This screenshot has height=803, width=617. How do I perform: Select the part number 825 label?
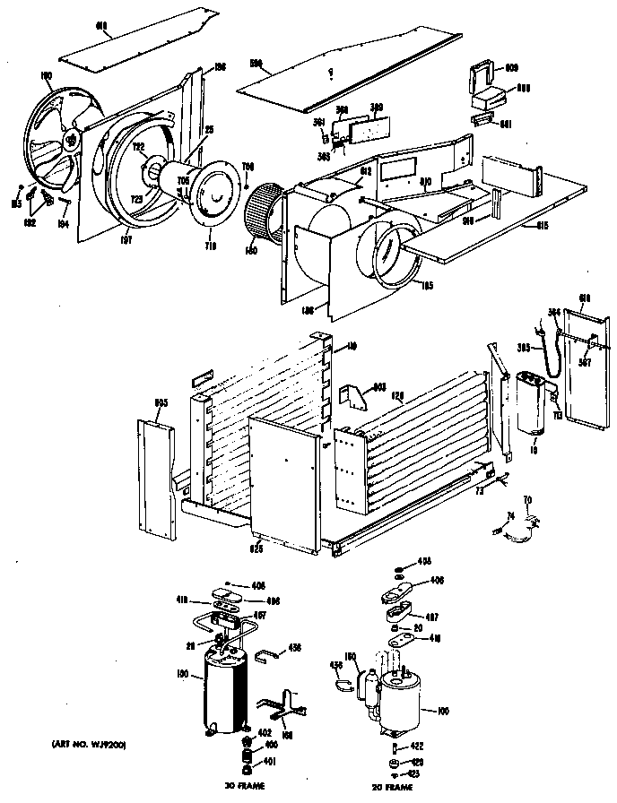tap(258, 546)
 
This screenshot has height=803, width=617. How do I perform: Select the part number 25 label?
tap(209, 130)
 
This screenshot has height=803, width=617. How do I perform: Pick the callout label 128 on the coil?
tap(395, 393)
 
